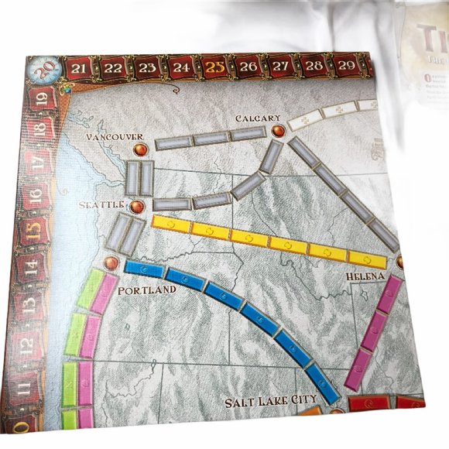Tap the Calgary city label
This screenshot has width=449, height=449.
[x=259, y=118]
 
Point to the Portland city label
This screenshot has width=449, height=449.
[x=147, y=290]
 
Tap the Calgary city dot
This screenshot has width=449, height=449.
[x=278, y=132]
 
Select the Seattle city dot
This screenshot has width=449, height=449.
[x=138, y=207]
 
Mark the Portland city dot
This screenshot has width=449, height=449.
[x=111, y=265]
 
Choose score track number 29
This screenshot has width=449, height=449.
[x=347, y=66]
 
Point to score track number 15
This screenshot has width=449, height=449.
[x=33, y=231]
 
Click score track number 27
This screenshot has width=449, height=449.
[x=281, y=67]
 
